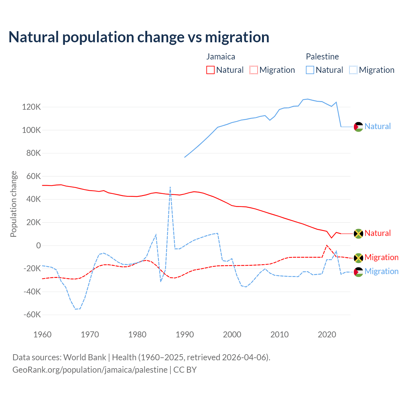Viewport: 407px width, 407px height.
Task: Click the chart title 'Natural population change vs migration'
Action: coord(139,37)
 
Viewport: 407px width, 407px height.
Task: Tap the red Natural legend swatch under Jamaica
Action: coord(210,70)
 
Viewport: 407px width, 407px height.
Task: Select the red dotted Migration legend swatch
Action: coord(254,70)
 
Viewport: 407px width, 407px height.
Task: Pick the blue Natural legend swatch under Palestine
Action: coord(310,70)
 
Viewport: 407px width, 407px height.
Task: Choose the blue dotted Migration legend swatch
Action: coord(353,70)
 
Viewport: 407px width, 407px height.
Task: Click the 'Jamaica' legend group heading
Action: coord(221,57)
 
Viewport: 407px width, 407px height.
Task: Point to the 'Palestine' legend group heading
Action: coord(322,57)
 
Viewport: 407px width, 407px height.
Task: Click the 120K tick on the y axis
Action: coord(31,107)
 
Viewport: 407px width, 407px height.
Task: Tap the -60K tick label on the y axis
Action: coord(32,315)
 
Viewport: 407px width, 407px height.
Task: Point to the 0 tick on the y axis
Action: coord(38,245)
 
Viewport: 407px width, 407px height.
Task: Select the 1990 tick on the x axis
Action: coord(185,335)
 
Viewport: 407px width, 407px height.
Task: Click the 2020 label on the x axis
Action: coord(327,335)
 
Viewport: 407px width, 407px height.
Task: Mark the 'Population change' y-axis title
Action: coord(13,204)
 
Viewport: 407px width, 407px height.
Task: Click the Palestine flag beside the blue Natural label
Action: coord(358,127)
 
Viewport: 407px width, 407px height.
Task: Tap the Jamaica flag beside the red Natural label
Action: coord(358,233)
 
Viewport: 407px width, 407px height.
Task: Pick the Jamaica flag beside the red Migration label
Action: coord(358,258)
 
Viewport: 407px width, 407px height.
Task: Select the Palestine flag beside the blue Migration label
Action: coord(358,272)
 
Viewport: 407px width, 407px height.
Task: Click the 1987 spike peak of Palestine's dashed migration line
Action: coord(170,187)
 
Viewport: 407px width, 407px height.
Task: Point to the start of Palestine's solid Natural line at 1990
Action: coord(185,157)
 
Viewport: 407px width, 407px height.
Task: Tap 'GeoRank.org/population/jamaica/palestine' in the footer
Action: coord(90,370)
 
